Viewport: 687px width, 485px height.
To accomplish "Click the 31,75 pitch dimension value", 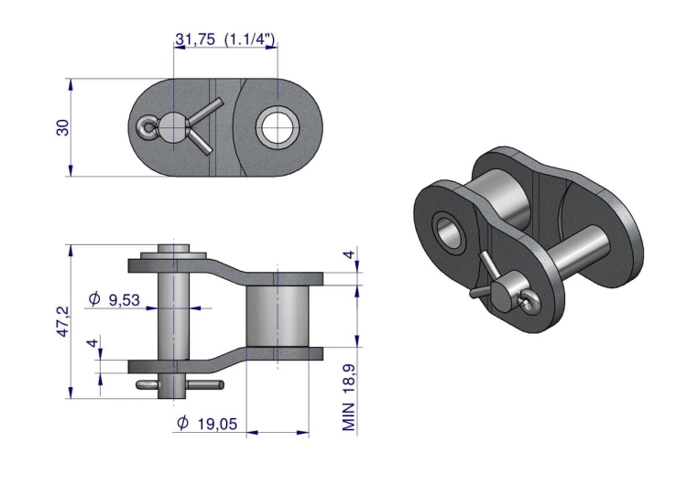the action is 195,39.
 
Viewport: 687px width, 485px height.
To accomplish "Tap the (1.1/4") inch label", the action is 250,39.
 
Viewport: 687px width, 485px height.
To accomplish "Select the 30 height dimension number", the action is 63,127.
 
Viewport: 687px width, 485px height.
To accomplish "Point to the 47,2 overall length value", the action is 63,321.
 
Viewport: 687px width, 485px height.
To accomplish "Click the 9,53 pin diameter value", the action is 125,300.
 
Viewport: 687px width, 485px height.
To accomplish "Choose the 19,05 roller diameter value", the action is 218,424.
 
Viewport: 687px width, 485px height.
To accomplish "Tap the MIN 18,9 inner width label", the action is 349,397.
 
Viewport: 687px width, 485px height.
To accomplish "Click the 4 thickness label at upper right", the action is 349,253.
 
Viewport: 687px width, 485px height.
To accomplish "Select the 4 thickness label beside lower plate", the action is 93,343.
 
